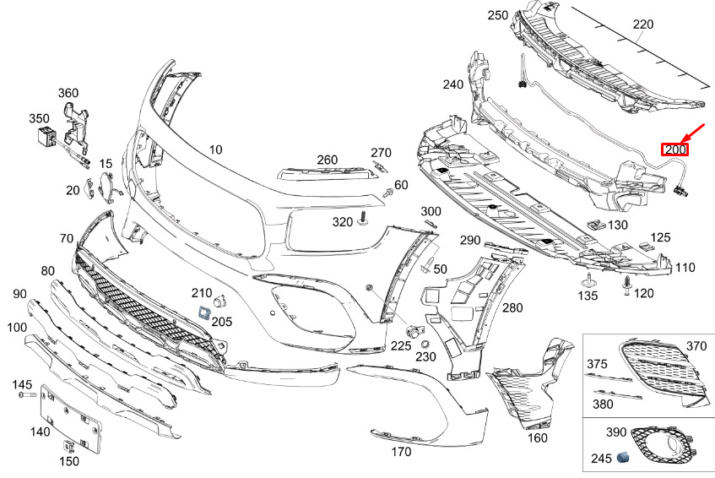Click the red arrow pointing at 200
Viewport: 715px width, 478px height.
(696, 132)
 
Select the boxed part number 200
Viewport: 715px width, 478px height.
(675, 150)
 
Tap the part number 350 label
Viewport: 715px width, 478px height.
(40, 119)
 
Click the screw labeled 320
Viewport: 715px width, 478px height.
(362, 218)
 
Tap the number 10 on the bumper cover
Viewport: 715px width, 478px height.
(216, 149)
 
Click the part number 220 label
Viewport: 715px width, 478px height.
(643, 24)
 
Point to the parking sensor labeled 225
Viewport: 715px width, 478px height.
(414, 329)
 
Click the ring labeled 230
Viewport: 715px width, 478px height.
(425, 344)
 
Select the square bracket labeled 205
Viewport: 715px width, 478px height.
(203, 312)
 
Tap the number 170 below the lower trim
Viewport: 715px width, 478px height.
(401, 452)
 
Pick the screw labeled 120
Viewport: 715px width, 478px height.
(627, 287)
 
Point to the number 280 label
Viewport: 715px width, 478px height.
(512, 308)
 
